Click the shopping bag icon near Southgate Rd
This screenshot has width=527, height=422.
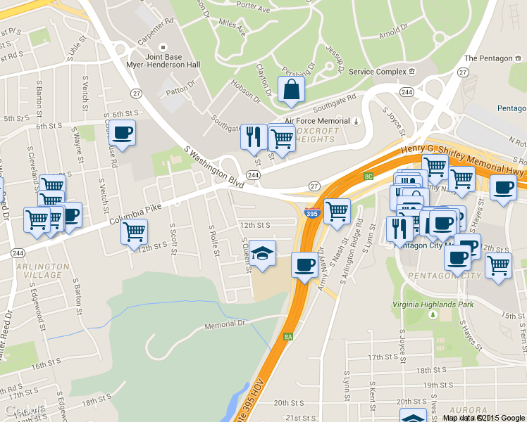point(292,90)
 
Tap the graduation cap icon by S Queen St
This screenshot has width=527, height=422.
point(262,253)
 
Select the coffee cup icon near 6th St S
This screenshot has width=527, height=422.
point(122,132)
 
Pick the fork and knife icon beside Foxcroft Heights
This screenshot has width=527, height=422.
point(253,136)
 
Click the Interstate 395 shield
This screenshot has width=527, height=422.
point(311,212)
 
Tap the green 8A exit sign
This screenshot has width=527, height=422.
point(287,337)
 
